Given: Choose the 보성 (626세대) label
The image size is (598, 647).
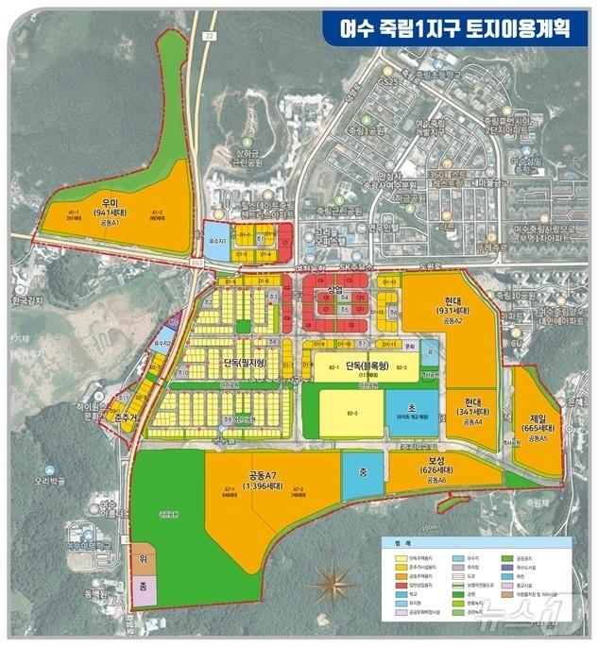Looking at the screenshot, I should pos(441,466).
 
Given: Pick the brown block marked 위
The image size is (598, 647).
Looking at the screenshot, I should pos(143,561).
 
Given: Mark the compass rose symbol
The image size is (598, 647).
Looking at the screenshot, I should pos(333,582).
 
